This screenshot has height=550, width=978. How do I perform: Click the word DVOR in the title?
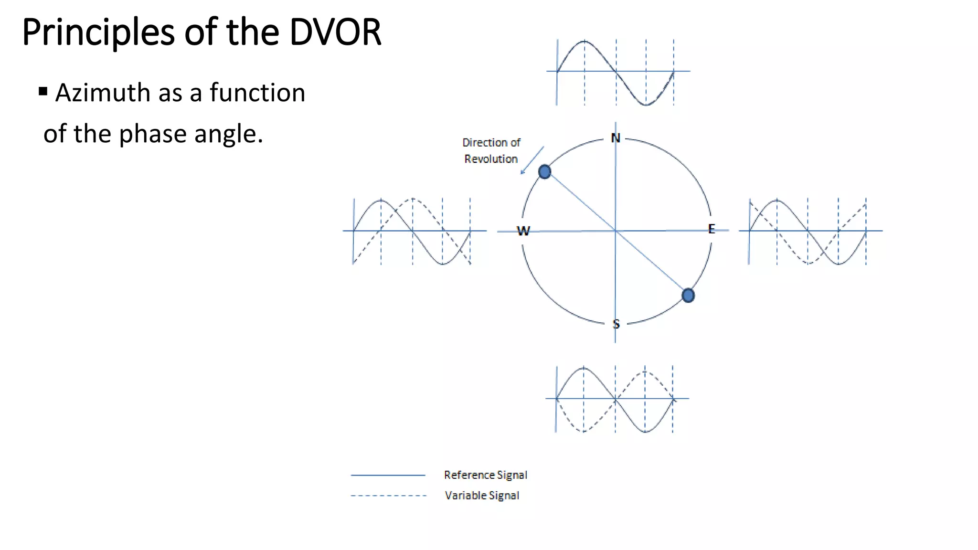click(x=335, y=32)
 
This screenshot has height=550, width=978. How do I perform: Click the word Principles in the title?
click(x=98, y=32)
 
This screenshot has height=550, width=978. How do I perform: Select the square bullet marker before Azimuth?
click(x=43, y=91)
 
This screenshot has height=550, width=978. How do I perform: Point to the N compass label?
click(x=616, y=138)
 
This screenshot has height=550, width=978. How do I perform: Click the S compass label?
click(x=616, y=324)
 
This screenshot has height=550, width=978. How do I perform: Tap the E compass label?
click(x=712, y=229)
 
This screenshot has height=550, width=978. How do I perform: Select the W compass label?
click(x=523, y=231)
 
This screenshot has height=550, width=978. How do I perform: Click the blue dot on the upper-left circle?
click(x=544, y=172)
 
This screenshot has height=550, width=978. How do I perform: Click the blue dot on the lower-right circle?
click(x=688, y=296)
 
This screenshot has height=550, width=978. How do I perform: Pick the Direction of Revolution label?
click(x=491, y=150)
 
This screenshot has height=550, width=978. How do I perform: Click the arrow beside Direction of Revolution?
click(x=532, y=160)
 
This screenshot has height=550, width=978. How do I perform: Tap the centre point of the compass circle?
click(x=616, y=231)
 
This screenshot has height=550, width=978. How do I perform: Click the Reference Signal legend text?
click(x=485, y=475)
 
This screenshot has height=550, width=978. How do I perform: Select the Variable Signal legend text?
click(x=482, y=496)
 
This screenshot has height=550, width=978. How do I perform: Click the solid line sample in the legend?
click(x=388, y=476)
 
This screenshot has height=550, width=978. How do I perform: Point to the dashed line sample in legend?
click(x=388, y=496)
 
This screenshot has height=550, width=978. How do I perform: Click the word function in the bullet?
click(x=257, y=93)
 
